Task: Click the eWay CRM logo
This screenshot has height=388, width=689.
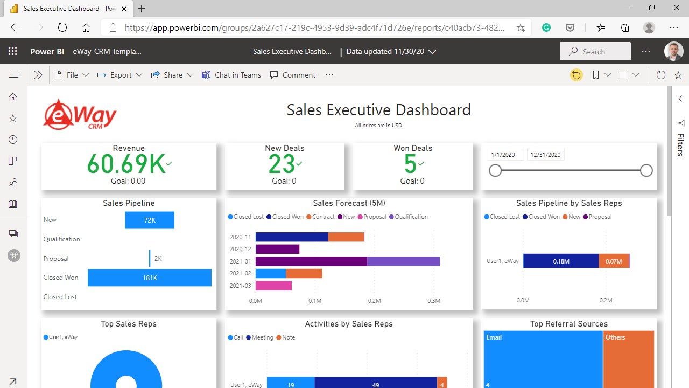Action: click(x=80, y=114)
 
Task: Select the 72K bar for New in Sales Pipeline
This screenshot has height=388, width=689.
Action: click(x=150, y=220)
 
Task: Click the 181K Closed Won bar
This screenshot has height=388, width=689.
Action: click(x=150, y=278)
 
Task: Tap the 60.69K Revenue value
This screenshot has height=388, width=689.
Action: click(x=126, y=164)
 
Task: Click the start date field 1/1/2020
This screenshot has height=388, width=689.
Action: click(x=505, y=155)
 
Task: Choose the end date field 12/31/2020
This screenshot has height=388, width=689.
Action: click(x=546, y=155)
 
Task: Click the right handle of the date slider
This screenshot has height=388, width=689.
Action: click(x=646, y=171)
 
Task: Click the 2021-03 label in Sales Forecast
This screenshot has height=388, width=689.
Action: click(x=240, y=286)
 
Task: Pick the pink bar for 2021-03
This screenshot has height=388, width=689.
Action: click(x=273, y=286)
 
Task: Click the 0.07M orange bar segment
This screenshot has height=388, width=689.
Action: click(x=613, y=261)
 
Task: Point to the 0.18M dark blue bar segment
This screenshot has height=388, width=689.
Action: click(x=560, y=261)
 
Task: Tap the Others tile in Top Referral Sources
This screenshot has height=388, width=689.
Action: click(x=628, y=358)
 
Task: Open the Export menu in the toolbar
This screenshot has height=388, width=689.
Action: click(x=120, y=75)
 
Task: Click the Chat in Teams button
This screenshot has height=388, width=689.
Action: click(x=231, y=75)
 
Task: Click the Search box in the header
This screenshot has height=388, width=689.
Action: click(x=595, y=52)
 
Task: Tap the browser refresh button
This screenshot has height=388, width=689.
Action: click(x=62, y=27)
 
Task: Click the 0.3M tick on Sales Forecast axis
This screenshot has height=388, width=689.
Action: click(x=434, y=300)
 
